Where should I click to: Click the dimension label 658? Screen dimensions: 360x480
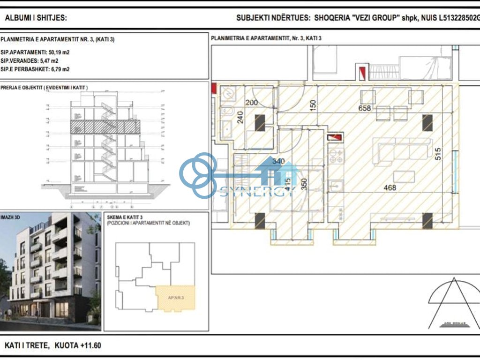[x=365, y=108]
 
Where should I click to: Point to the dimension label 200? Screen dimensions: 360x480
[x=252, y=103]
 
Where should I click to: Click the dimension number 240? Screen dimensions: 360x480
[x=240, y=116]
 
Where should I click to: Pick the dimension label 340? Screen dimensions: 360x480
[x=278, y=162]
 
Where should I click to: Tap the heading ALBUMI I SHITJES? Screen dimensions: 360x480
[x=36, y=18]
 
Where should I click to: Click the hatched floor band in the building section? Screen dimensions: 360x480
[x=105, y=126]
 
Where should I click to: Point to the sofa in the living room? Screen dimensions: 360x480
[x=404, y=150]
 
